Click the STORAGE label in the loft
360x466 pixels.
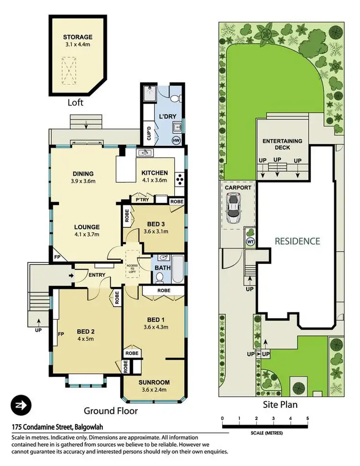click(77, 37)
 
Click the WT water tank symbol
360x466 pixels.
click(250, 241)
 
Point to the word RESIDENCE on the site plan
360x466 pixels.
click(297, 241)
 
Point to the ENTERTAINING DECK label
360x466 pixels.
click(282, 144)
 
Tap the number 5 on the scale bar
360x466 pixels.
click(307, 418)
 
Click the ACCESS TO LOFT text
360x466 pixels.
click(132, 269)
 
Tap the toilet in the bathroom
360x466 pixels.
click(159, 278)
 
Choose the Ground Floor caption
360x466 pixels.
click(111, 411)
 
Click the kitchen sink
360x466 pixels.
click(144, 153)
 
